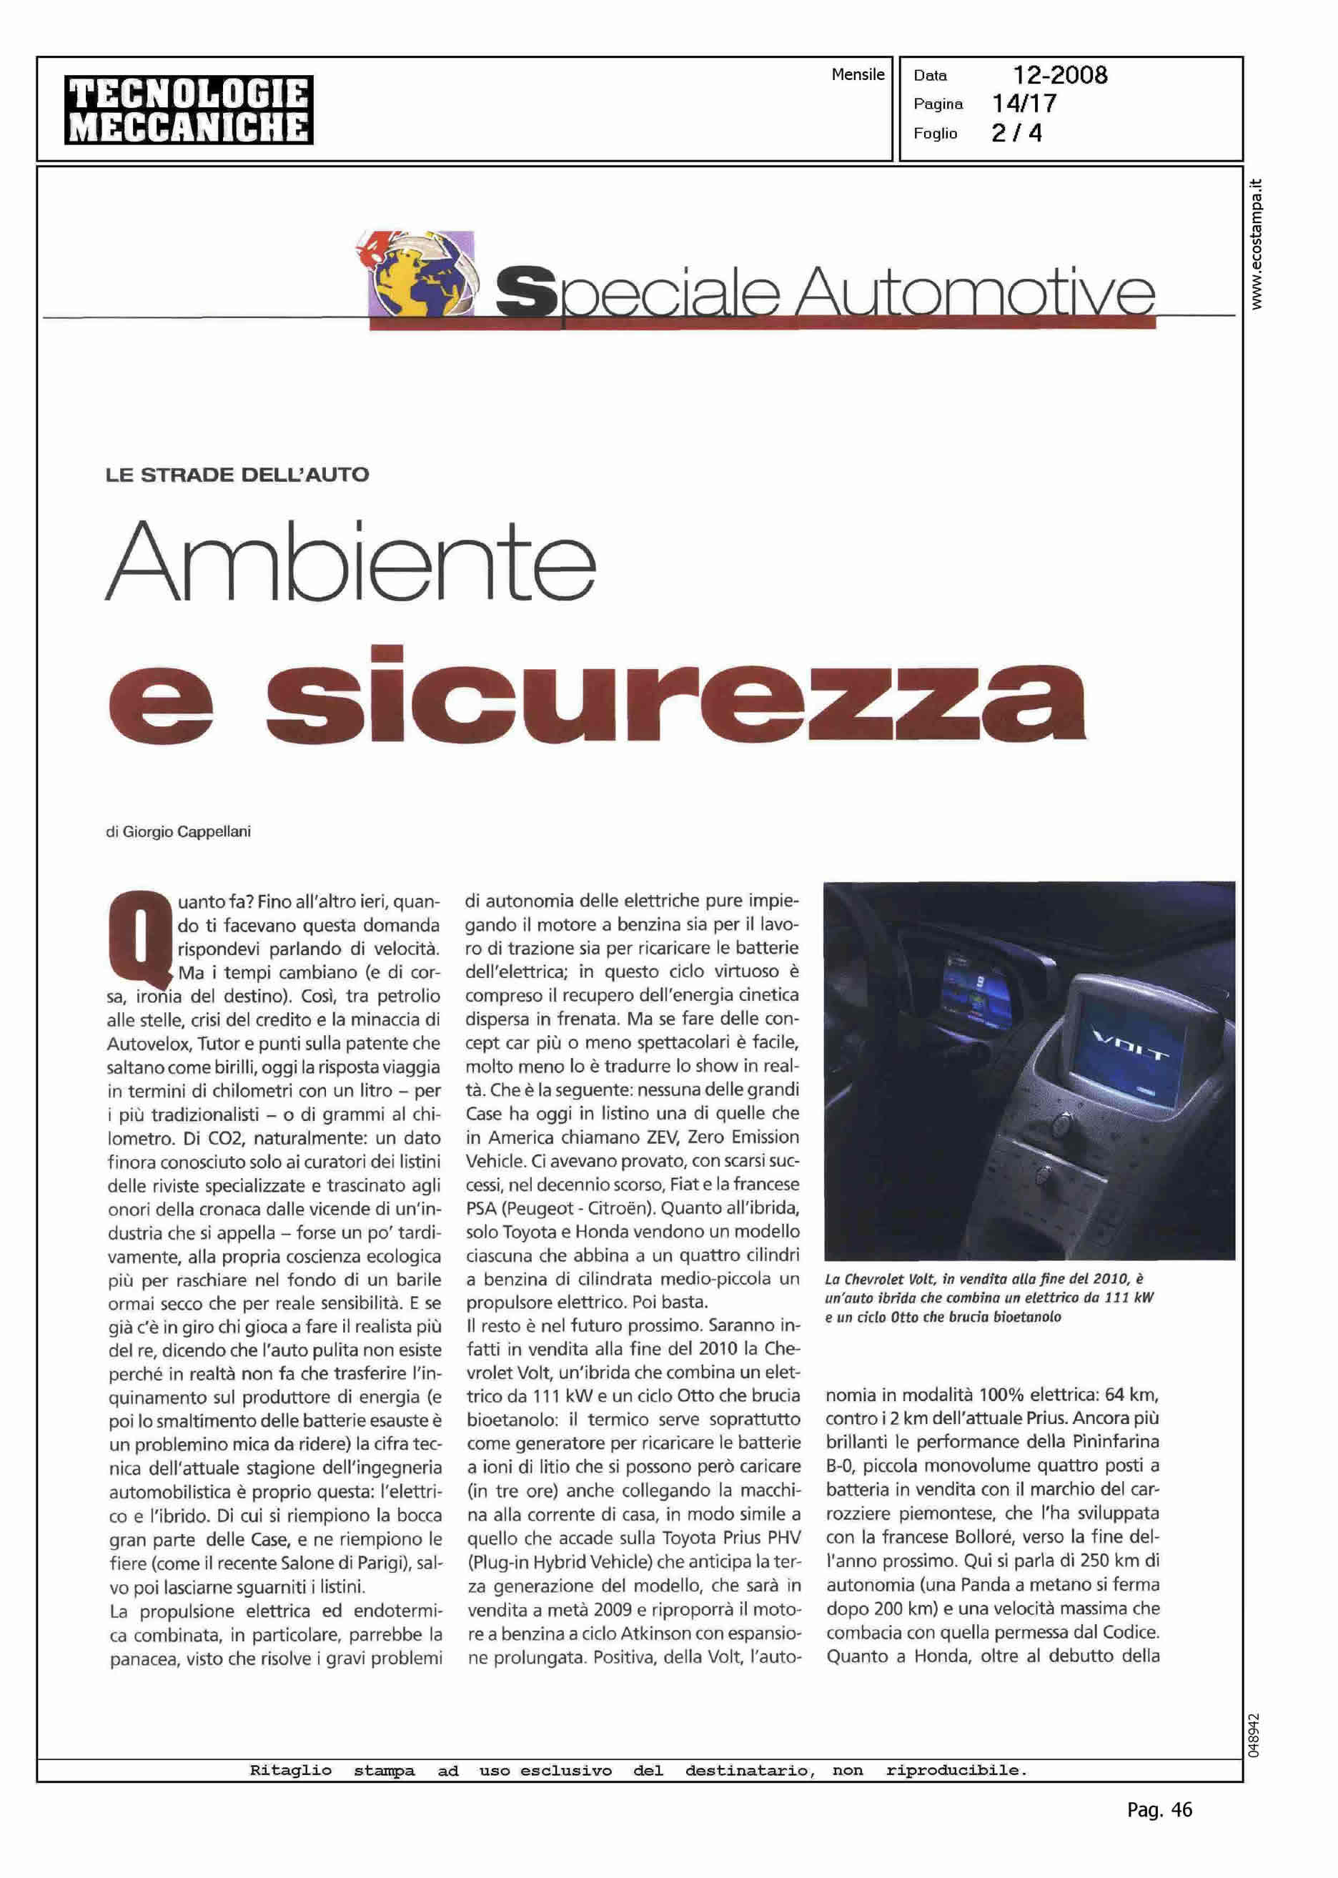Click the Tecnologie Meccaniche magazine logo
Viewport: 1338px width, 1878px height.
[189, 110]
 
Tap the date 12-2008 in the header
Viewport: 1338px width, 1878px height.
[1059, 75]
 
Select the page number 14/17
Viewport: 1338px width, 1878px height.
[1024, 104]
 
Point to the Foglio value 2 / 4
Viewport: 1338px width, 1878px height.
[1016, 133]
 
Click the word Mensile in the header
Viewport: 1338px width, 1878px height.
[858, 74]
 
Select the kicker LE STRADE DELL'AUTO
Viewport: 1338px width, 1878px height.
[237, 475]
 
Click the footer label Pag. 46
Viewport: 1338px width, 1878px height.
[1159, 1833]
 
